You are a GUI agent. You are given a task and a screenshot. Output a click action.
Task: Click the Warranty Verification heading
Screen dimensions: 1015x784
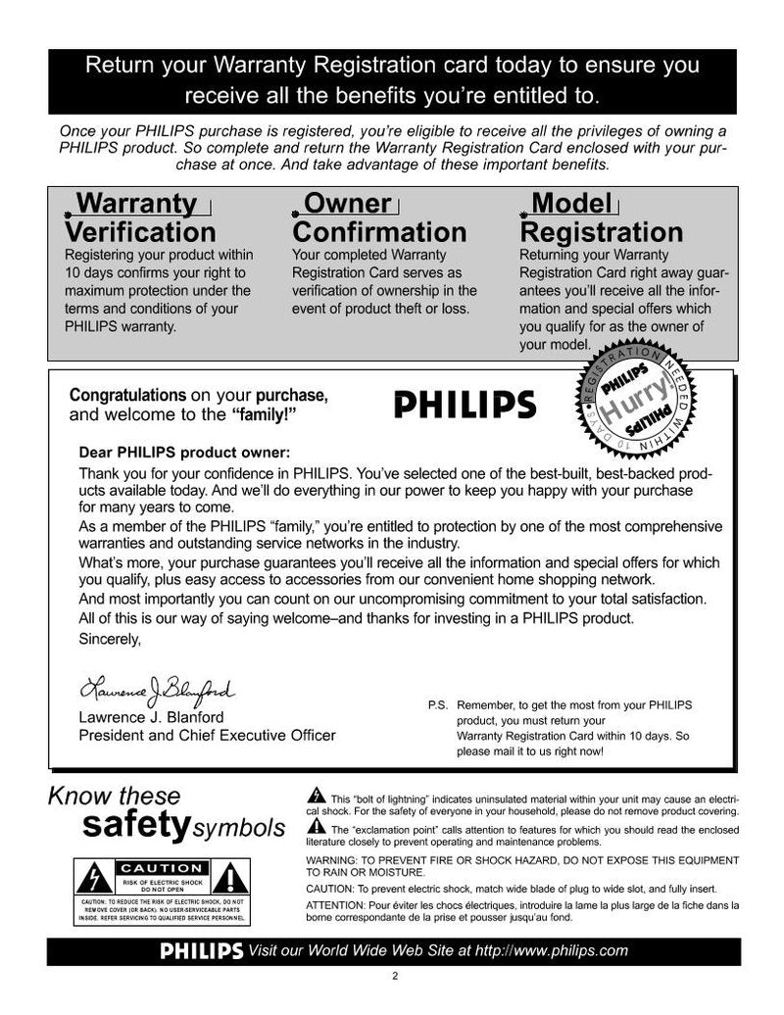140,217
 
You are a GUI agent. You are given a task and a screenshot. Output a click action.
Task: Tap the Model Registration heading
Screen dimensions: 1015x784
601,217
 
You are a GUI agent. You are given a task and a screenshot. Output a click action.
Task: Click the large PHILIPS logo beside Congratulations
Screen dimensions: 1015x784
465,405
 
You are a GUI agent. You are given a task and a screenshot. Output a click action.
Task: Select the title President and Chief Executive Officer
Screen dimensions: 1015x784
207,735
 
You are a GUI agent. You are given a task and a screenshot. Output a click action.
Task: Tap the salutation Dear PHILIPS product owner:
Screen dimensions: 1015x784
184,453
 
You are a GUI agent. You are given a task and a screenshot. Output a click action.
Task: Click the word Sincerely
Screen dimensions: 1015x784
109,639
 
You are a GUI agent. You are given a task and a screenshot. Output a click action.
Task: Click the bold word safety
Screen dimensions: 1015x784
135,825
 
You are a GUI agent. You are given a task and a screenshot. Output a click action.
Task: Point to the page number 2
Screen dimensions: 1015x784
394,975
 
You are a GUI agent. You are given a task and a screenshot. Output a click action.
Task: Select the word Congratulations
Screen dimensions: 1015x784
127,396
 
